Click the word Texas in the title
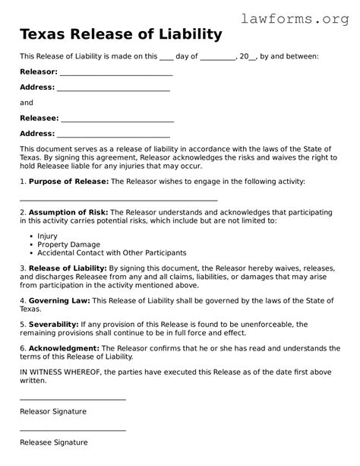coord(42,34)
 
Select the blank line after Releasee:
coord(117,119)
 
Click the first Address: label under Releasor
coord(37,87)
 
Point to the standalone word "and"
coord(27,103)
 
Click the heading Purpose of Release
coord(68,182)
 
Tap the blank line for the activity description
coord(118,199)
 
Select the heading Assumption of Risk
coord(68,212)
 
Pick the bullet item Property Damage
coord(64,244)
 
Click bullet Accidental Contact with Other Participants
coord(112,252)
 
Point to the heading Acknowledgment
coord(61,348)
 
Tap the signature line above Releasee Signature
coord(73,430)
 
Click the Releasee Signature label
coord(53,442)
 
